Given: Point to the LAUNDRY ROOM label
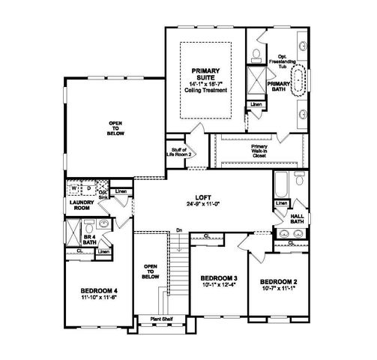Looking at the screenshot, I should coord(80,205).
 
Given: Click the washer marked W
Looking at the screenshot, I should coord(74,188).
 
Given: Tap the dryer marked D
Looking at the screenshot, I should coord(88,188).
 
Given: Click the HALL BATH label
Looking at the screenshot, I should coord(297,217).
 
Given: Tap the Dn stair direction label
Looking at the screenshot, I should coord(179,229).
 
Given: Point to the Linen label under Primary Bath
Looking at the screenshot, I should coord(257,104).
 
